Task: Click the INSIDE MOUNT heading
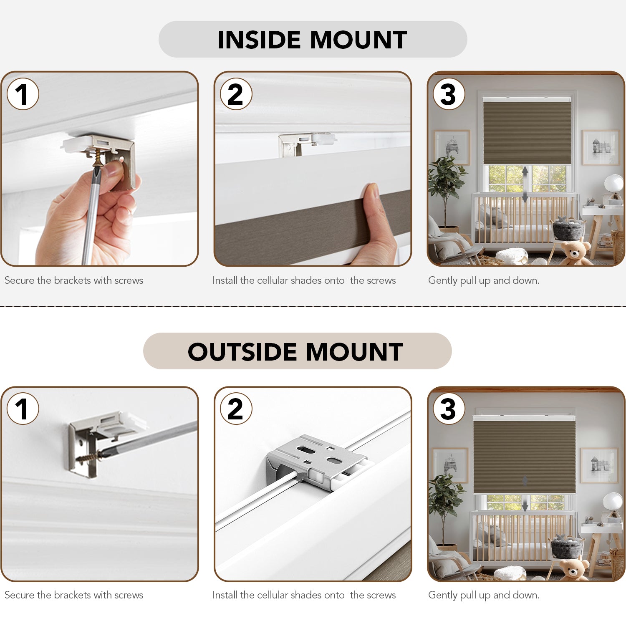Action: (312, 40)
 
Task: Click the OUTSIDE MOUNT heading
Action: (295, 351)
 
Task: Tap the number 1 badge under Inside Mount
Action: (23, 94)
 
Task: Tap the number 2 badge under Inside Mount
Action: (236, 94)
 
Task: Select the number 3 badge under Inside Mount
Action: (449, 94)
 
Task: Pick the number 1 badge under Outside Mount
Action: (23, 409)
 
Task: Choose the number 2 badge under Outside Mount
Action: (236, 409)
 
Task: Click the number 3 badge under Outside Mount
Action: (449, 409)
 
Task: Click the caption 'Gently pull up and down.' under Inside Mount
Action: (484, 280)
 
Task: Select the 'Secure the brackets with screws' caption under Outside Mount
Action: (74, 595)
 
